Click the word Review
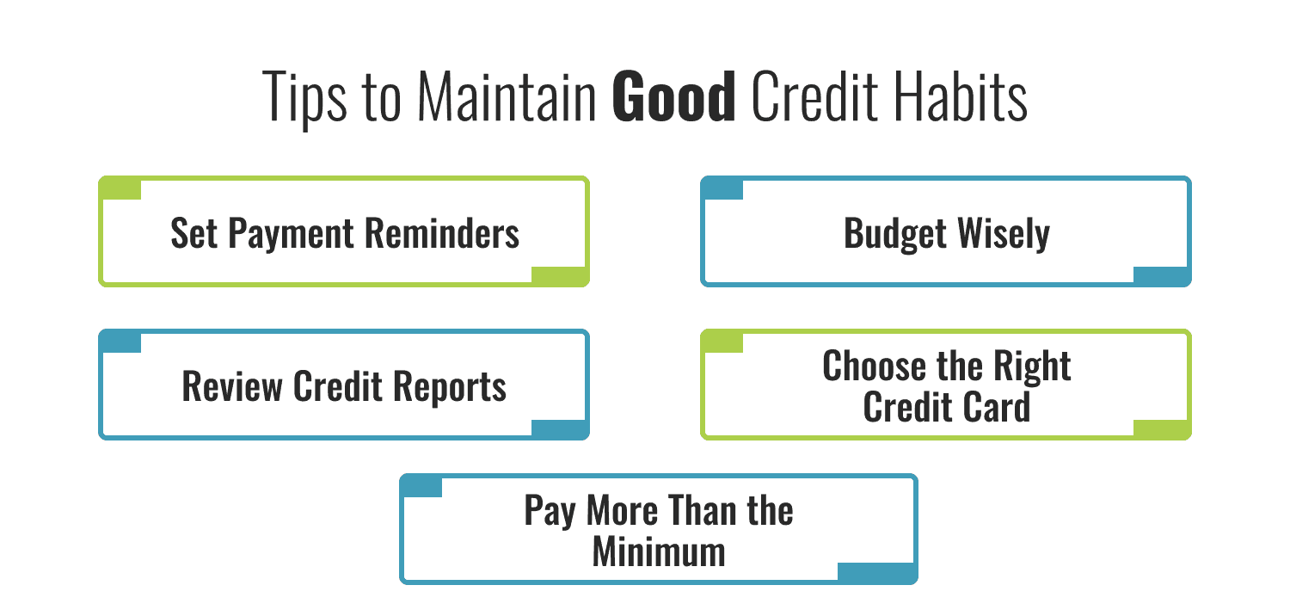coord(231,386)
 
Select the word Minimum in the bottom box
coord(659,551)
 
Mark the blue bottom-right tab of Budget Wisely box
coord(1161,275)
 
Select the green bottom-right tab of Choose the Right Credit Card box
coord(1161,428)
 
